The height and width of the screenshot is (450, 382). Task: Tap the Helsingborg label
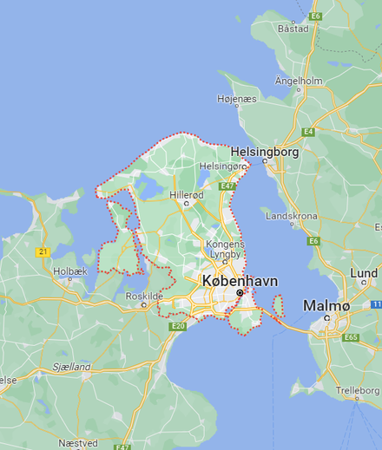click(265, 151)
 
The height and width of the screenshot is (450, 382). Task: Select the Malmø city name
click(326, 305)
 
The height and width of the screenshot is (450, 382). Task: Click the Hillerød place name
click(187, 195)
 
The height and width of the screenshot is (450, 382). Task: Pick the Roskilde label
click(144, 296)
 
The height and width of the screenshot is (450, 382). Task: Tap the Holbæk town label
click(70, 271)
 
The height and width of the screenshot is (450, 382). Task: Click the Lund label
click(363, 272)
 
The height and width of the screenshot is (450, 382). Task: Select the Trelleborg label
click(358, 390)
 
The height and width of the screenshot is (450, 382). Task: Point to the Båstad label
click(293, 28)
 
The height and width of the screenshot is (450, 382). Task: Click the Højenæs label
click(237, 100)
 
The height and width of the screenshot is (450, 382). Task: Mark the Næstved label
click(79, 442)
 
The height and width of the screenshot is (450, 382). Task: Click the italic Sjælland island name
click(71, 367)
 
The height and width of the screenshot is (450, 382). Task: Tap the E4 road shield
click(308, 132)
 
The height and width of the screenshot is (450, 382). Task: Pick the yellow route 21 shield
click(42, 251)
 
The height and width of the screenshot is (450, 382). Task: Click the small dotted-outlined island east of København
click(279, 305)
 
